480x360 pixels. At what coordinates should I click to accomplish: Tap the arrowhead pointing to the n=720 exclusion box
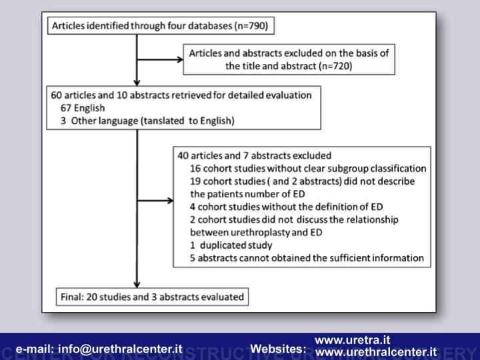(x=180, y=59)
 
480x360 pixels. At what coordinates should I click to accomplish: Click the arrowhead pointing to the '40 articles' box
(x=170, y=201)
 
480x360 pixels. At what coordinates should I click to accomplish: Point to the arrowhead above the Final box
(x=137, y=285)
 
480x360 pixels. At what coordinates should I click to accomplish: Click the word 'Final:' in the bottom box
(x=72, y=297)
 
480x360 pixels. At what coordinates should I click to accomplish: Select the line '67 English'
(x=83, y=108)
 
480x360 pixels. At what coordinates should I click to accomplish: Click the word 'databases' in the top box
(x=210, y=26)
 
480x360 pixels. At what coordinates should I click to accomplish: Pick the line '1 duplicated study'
(x=231, y=245)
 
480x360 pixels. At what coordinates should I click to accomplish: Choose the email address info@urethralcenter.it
(x=120, y=349)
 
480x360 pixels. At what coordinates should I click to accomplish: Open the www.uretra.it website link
(x=353, y=340)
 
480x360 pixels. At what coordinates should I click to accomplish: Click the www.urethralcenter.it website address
(x=376, y=352)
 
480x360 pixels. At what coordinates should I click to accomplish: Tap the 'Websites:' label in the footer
(x=278, y=349)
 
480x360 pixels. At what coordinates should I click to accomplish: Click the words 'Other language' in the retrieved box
(x=105, y=121)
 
